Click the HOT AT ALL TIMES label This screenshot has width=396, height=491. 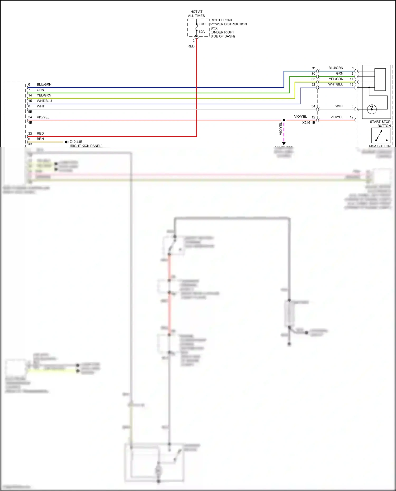(x=196, y=14)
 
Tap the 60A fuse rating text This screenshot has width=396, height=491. (x=201, y=32)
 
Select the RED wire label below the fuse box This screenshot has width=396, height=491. (x=191, y=46)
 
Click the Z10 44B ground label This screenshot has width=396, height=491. (x=76, y=142)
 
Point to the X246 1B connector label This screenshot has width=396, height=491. (x=309, y=123)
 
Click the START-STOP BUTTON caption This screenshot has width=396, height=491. (x=380, y=124)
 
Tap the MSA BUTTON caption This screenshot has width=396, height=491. (x=380, y=146)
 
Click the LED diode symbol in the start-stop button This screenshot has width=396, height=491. (x=372, y=109)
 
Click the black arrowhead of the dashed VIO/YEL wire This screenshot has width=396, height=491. (x=284, y=144)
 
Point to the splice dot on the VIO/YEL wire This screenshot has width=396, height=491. (x=284, y=120)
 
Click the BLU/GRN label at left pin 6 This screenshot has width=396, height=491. (x=44, y=84)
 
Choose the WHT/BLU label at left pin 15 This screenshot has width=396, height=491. (x=44, y=101)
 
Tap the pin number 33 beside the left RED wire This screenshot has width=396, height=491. (x=30, y=134)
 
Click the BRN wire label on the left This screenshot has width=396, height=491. (x=40, y=139)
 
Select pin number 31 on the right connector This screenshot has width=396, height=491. (x=314, y=68)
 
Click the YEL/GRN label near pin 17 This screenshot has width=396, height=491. (x=336, y=79)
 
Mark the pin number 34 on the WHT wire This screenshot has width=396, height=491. (x=313, y=106)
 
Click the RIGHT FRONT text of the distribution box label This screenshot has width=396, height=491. (x=221, y=20)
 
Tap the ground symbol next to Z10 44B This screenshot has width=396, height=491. (x=67, y=142)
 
